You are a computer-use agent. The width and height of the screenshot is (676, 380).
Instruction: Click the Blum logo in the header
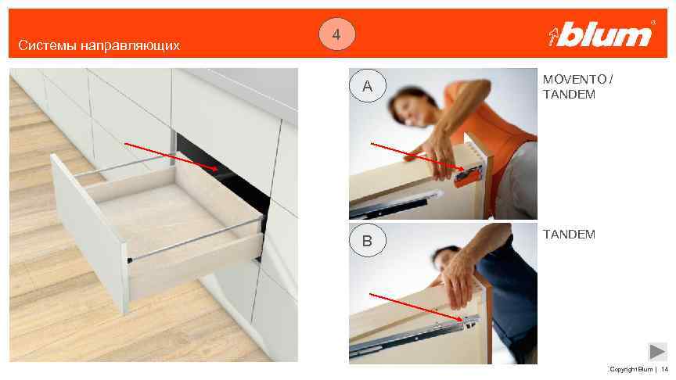(602, 34)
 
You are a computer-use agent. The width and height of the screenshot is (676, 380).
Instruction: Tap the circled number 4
(337, 34)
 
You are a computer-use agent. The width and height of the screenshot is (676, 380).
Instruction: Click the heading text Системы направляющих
(99, 45)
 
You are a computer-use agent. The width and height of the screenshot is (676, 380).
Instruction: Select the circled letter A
(367, 86)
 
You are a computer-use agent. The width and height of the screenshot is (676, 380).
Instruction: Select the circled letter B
(367, 240)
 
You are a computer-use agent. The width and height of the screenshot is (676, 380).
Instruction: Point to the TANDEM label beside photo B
(569, 235)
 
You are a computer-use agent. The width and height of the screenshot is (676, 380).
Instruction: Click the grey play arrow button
(657, 352)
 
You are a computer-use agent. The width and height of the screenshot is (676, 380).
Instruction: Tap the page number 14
(664, 369)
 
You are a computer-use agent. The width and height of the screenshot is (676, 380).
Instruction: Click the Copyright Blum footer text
(631, 369)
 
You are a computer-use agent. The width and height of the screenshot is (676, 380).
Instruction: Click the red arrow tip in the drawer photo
(217, 170)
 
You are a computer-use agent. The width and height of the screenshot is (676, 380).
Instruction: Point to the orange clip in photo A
(468, 177)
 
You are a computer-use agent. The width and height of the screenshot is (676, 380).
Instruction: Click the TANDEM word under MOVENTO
(569, 95)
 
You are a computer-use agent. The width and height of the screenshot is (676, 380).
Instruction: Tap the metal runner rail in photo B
(414, 336)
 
